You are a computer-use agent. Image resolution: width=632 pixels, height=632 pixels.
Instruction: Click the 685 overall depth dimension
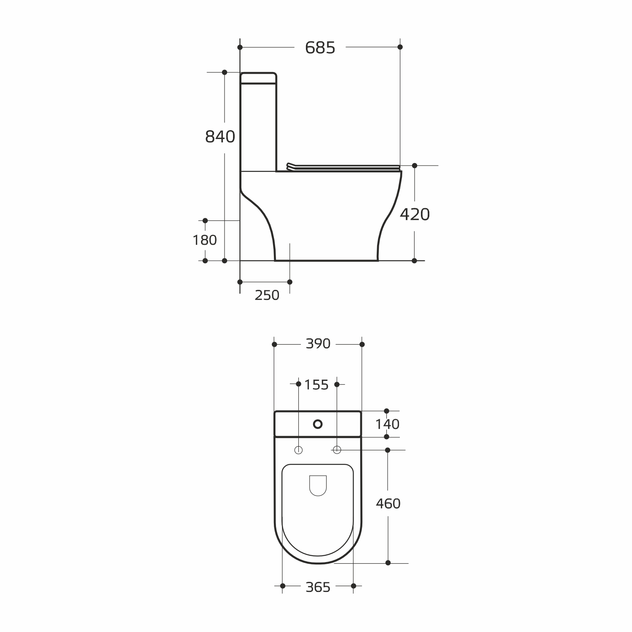tap(320, 48)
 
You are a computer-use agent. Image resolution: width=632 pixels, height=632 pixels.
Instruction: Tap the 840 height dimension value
tap(220, 137)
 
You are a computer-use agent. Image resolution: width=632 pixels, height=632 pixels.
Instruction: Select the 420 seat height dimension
tap(415, 214)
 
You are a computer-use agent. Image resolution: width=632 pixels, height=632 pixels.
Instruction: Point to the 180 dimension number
tap(205, 240)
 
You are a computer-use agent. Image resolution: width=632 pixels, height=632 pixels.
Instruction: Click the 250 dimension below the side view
tap(267, 295)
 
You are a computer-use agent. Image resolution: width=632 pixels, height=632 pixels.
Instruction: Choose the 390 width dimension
tap(318, 344)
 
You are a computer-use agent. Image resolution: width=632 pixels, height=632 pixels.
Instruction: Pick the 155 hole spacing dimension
tap(316, 385)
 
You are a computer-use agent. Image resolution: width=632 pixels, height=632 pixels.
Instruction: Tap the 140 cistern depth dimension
tap(387, 424)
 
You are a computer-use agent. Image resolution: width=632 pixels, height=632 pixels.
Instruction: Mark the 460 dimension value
tap(388, 503)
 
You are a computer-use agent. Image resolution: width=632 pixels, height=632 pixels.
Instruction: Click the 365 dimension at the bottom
tap(318, 587)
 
